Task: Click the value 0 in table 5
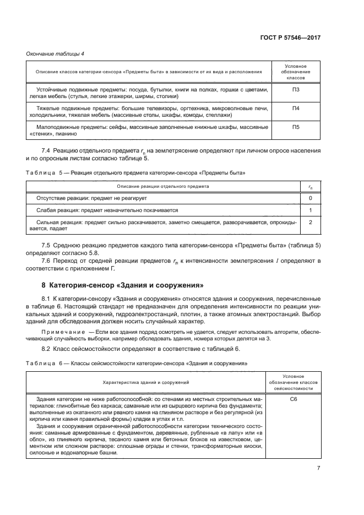[x=311, y=198]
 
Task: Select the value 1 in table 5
[x=311, y=210]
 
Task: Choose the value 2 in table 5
[x=311, y=222]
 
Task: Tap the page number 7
[x=318, y=468]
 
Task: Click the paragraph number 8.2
[x=47, y=349]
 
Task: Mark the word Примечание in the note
[x=61, y=333]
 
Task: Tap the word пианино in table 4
[x=68, y=134]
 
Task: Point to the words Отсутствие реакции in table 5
[x=61, y=198]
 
